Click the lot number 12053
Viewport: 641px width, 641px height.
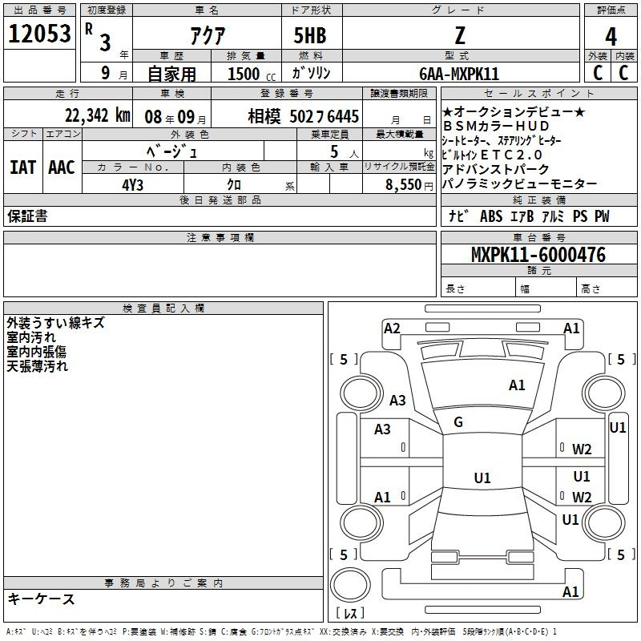click(39, 34)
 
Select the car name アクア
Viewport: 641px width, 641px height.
click(208, 35)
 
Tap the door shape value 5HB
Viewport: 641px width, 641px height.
click(310, 35)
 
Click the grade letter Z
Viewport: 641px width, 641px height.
click(460, 35)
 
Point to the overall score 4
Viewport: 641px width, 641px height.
click(611, 37)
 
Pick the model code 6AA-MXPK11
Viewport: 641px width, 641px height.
click(459, 74)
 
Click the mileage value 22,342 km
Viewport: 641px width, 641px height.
click(97, 115)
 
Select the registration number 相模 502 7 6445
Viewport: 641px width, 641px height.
click(304, 116)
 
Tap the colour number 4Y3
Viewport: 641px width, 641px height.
click(132, 185)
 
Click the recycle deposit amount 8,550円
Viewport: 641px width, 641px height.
click(409, 185)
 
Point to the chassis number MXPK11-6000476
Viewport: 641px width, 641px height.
click(538, 255)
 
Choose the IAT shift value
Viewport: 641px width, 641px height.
click(22, 167)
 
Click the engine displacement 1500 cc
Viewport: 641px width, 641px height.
click(252, 74)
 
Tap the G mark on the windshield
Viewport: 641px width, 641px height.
click(458, 422)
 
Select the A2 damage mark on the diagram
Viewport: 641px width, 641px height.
click(392, 329)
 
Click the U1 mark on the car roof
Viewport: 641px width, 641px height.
click(482, 478)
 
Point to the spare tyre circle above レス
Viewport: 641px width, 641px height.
click(350, 585)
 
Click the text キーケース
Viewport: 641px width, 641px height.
click(41, 599)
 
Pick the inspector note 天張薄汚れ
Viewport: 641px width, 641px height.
click(37, 366)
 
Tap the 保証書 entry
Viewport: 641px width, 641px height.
click(27, 216)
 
